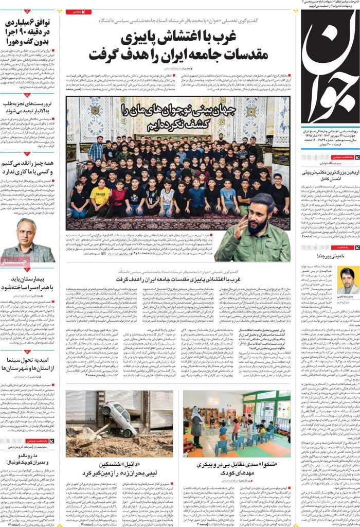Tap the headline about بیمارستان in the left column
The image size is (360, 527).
(x=28, y=288)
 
